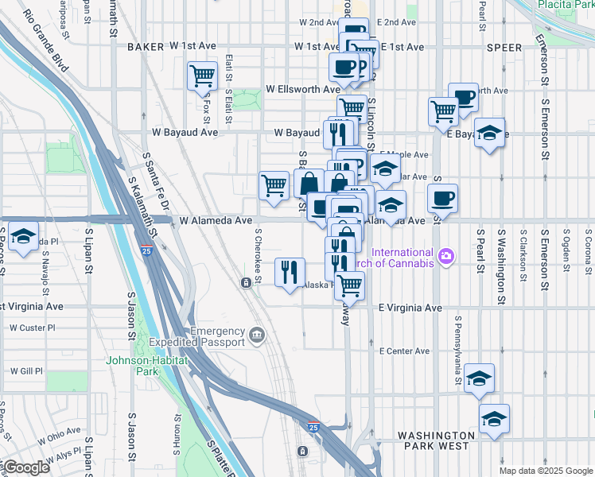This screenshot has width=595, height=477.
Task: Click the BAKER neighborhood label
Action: (145, 47)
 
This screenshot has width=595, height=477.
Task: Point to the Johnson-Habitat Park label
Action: (146, 365)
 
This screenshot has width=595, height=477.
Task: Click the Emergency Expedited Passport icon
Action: (256, 334)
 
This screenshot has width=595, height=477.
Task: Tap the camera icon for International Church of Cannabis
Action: (447, 255)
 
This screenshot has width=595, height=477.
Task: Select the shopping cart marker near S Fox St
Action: (202, 77)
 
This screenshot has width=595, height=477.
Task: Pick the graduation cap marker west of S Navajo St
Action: (24, 237)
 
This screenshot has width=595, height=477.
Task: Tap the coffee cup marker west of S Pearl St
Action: (442, 198)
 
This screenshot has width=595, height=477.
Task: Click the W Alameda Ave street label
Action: (215, 220)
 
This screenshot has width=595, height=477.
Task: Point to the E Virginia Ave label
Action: (410, 307)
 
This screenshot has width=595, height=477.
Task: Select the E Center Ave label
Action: (404, 351)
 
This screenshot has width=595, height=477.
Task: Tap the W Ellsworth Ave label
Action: (303, 90)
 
